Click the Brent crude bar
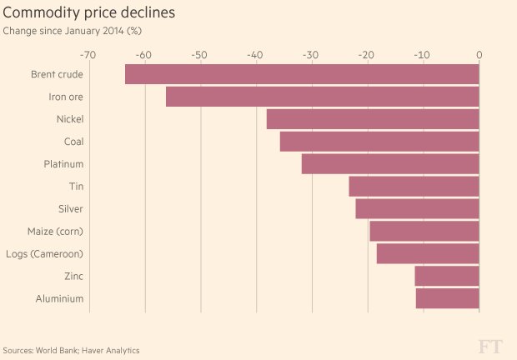302,74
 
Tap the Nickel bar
373,119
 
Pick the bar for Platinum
390,164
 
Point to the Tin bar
414,187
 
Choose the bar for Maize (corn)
424,231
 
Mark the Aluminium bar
448,298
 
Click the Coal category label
73,142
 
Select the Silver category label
70,208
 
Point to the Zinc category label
73,276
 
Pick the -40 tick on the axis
255,55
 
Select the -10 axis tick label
423,55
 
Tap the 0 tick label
479,55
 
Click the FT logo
491,347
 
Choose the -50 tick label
199,55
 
